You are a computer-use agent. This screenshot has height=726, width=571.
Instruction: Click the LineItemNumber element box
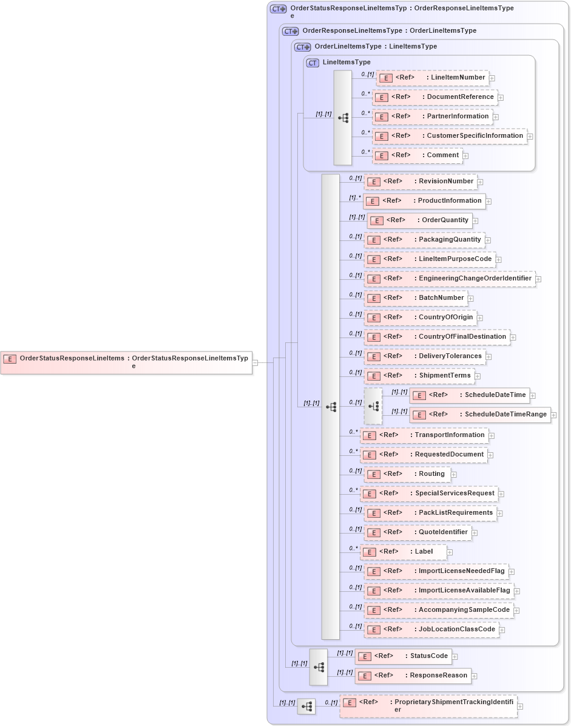pos(432,78)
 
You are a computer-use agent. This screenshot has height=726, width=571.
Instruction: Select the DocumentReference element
pos(434,97)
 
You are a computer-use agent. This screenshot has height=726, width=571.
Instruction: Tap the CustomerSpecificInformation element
pos(449,136)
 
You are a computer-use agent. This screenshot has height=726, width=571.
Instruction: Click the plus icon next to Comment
pos(465,156)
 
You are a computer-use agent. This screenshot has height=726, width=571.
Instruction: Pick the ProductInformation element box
pos(424,201)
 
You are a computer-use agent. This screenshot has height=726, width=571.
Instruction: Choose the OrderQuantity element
pos(419,220)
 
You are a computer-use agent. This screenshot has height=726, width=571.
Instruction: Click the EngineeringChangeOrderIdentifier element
pos(449,279)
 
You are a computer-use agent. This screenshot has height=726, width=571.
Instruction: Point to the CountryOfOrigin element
pos(420,317)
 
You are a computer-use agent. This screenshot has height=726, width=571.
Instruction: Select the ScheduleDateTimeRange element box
pos(480,415)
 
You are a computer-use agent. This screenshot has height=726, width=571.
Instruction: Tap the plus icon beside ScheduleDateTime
pos(533,396)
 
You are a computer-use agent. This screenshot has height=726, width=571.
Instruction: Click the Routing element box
pos(407,474)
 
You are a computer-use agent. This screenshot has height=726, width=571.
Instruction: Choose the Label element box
pos(404,552)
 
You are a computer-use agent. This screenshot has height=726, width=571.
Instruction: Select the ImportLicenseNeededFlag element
pos(436,571)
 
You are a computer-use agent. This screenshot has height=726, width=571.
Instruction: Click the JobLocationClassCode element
pos(431,629)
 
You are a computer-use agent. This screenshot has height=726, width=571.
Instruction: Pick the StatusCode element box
pos(403,656)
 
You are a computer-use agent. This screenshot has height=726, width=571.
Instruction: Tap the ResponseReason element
pos(413,676)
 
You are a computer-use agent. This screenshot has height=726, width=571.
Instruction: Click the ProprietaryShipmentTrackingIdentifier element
pos(428,706)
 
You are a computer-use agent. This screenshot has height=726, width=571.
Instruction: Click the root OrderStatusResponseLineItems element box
pos(126,362)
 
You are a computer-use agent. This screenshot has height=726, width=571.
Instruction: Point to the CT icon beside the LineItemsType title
pos(313,63)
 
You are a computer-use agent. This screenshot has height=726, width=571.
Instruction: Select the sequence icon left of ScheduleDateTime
pos(373,405)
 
